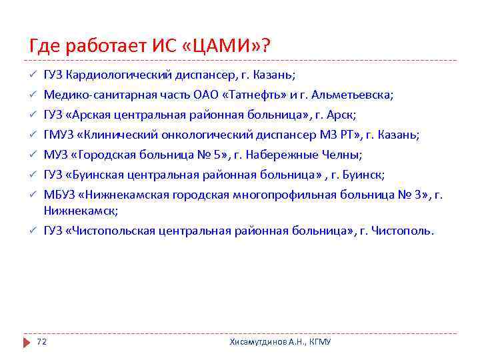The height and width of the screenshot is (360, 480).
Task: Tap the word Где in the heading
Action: [x=44, y=46]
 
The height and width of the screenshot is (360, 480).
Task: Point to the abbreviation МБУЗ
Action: [x=58, y=195]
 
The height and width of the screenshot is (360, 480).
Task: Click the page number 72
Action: [x=41, y=342]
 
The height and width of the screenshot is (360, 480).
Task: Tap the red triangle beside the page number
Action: [x=27, y=342]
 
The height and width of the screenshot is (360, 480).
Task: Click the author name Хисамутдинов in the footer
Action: [x=260, y=342]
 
